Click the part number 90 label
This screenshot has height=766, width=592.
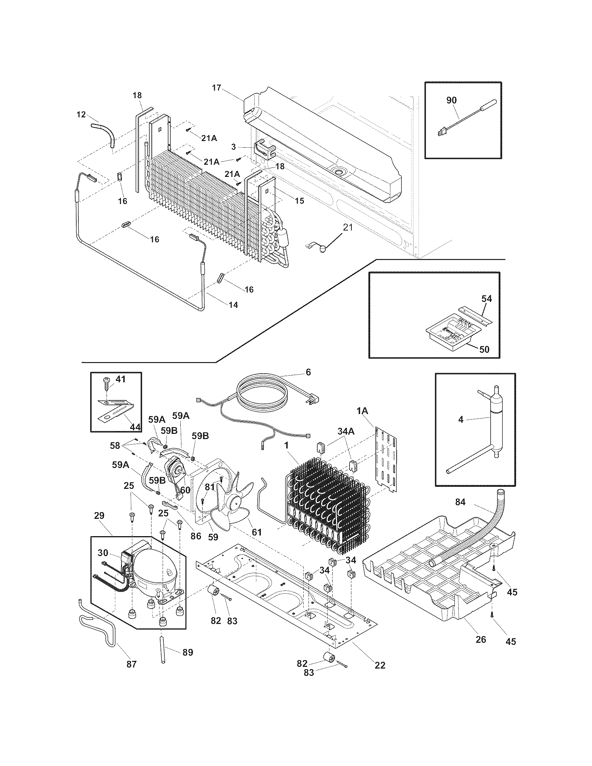click(x=451, y=100)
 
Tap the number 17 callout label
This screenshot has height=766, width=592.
click(x=217, y=87)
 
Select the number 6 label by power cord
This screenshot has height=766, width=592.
click(x=308, y=372)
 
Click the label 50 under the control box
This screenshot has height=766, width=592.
click(x=484, y=349)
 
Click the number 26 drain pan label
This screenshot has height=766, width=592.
click(x=481, y=639)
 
